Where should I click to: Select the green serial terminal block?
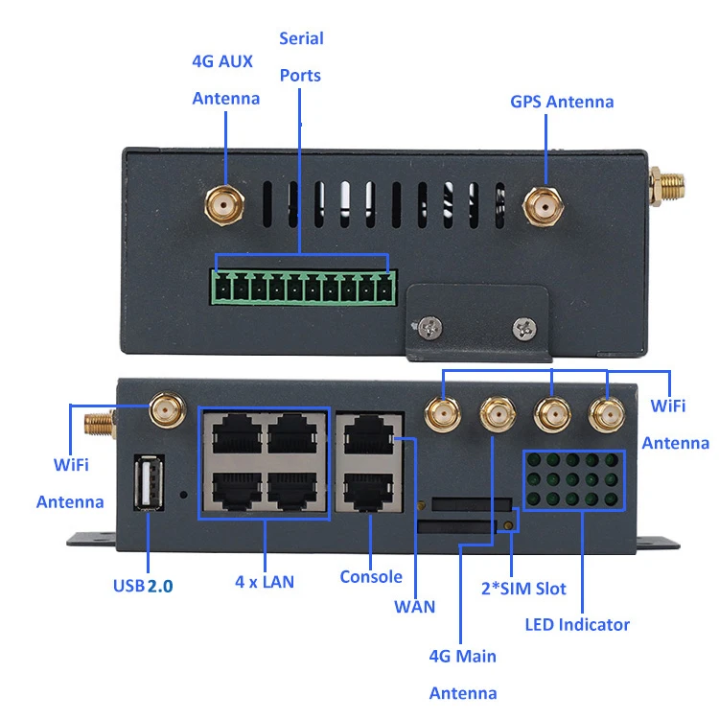point(304,287)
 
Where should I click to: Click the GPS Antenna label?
point(562,102)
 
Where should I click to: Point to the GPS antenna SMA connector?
point(543,204)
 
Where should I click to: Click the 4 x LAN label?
point(265,581)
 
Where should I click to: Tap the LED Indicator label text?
point(577,625)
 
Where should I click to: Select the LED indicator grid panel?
point(568,478)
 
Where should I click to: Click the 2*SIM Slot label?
point(523,589)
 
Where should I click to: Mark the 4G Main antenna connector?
point(495,415)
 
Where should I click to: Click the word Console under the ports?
point(371,576)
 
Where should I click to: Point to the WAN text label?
point(414,606)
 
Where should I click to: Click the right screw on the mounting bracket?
point(523,328)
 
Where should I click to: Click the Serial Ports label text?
point(301,57)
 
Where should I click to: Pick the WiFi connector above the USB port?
point(166,412)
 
